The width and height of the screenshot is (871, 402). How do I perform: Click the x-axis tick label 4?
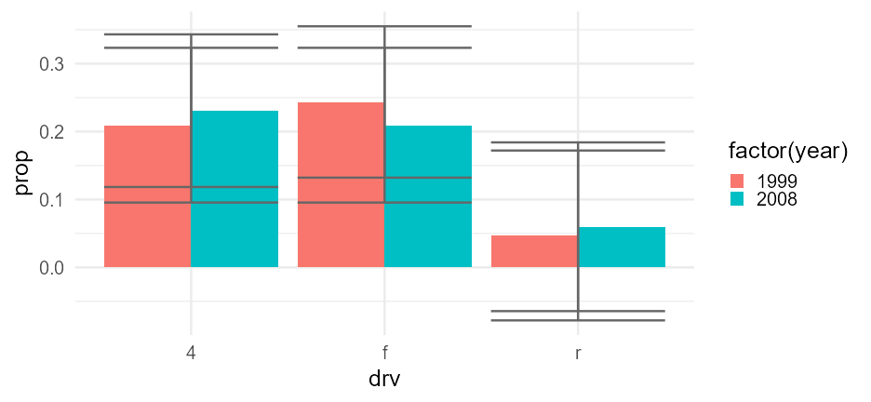[191, 354]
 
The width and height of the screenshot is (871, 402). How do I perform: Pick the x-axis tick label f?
[384, 354]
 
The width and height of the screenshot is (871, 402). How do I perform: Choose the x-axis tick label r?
[578, 354]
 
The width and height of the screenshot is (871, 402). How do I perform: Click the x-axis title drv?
[384, 380]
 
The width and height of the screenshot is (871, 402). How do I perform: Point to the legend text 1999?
[777, 181]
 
